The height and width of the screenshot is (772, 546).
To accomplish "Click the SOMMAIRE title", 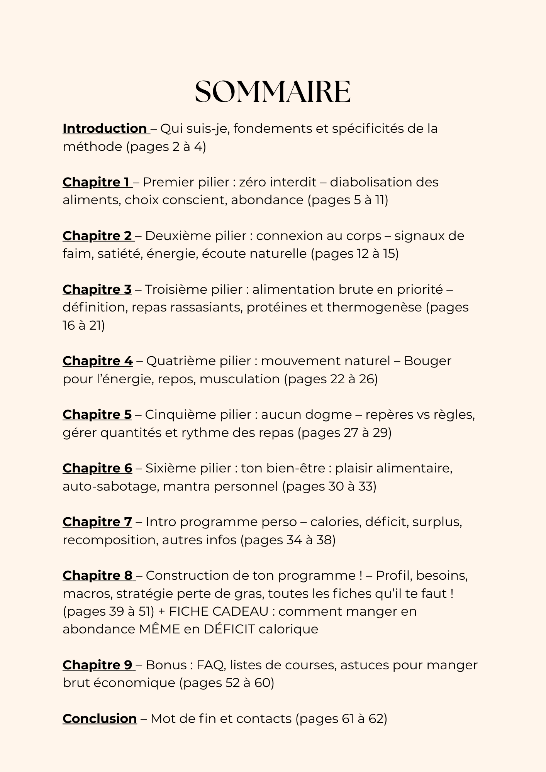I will coord(273,91).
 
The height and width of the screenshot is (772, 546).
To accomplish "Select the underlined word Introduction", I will coord(105,129).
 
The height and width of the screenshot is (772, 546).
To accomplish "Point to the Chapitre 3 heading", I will coord(97,289).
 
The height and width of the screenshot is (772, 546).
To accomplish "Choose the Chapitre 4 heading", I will coord(98,361).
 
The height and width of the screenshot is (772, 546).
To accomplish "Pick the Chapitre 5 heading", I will coord(97,415).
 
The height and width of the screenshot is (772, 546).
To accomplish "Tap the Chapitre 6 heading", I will coord(97,468).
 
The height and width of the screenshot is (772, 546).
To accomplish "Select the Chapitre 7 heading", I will coord(97,522).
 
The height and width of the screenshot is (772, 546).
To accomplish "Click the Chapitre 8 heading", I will coord(98,576).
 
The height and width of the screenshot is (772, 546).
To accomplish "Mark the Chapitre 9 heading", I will coord(98,665).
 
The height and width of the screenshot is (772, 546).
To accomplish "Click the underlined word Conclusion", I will coord(100,719).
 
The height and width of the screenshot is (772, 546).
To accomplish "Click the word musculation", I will coord(239,379).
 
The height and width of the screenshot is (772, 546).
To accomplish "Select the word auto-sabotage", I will coord(111,486).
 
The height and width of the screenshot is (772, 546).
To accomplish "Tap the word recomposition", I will coord(110,540).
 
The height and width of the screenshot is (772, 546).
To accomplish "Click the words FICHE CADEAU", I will coord(219,611).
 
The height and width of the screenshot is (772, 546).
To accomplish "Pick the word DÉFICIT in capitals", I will coord(229,629).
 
